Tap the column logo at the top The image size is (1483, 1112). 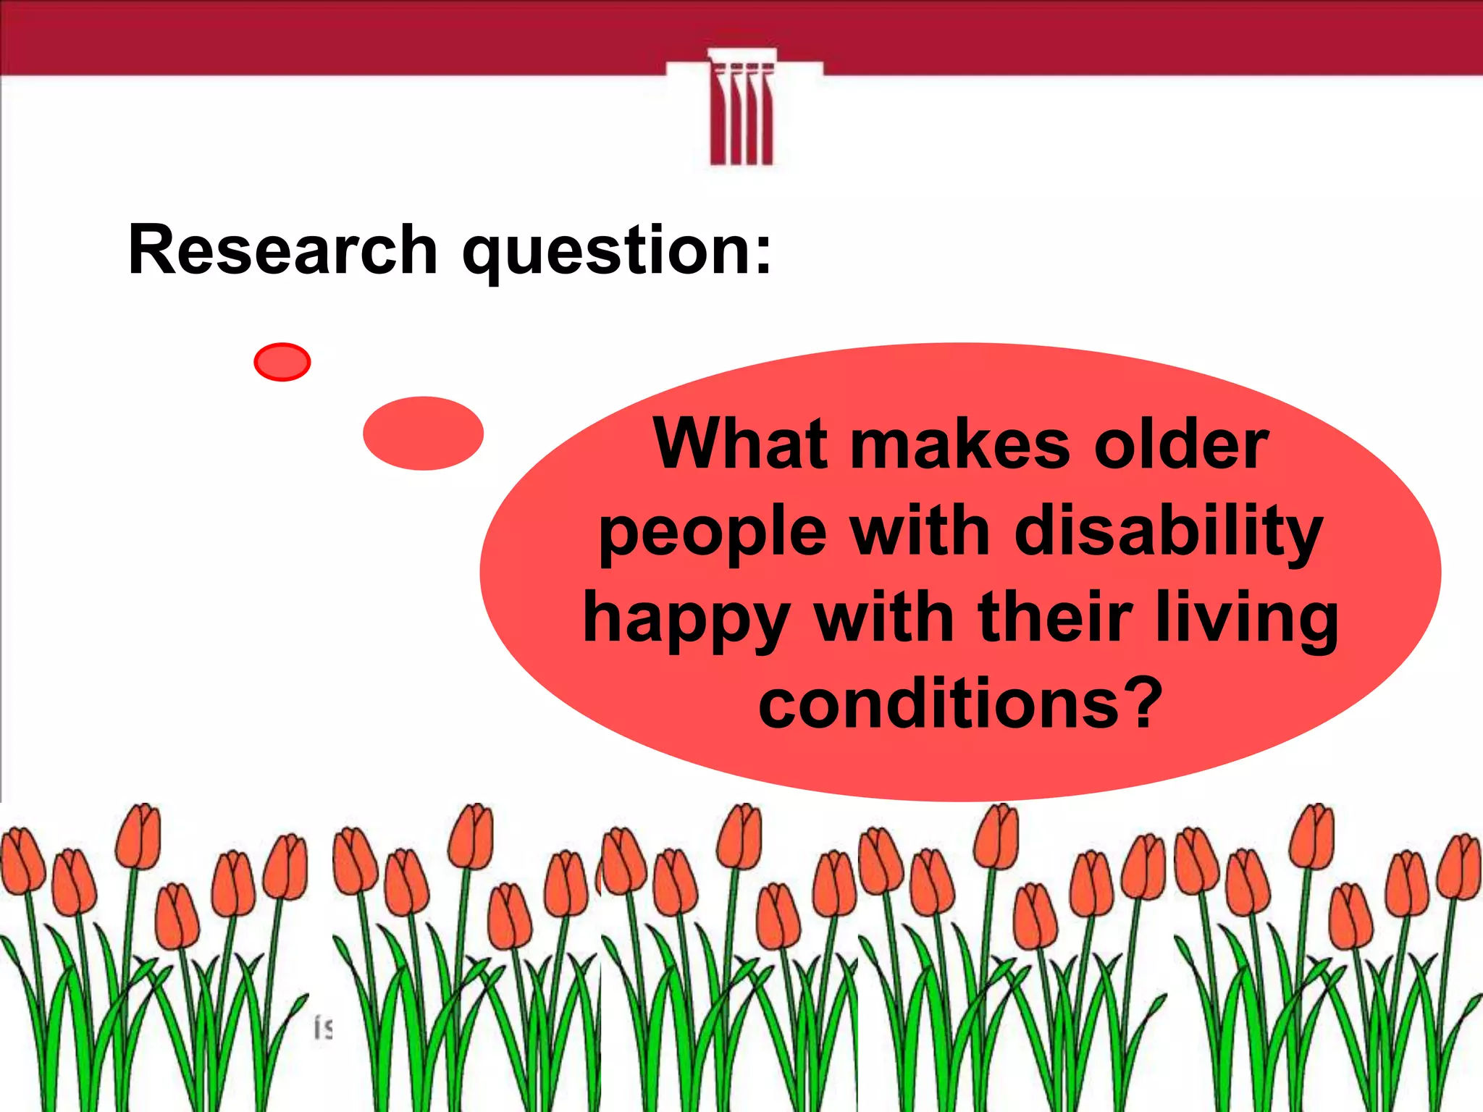pyautogui.click(x=742, y=109)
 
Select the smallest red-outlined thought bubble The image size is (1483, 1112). pyautogui.click(x=282, y=362)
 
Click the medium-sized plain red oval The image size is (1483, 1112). pyautogui.click(x=423, y=433)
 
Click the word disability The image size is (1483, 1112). pyautogui.click(x=1169, y=533)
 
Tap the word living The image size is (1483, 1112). pyautogui.click(x=1245, y=620)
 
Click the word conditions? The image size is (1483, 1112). pyautogui.click(x=960, y=704)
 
